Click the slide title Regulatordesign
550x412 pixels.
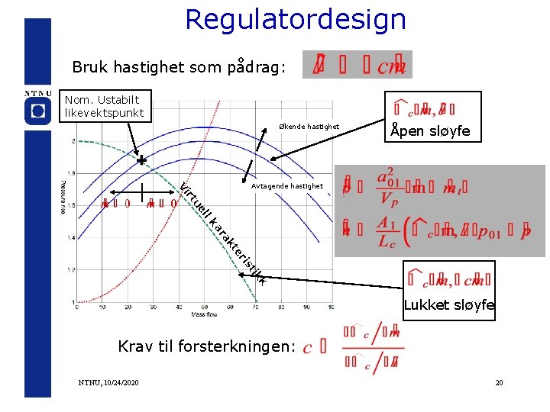(296, 20)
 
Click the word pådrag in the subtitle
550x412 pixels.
(255, 67)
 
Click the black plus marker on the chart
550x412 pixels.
(141, 161)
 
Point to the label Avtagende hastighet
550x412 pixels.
(287, 186)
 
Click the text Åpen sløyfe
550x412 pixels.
(429, 131)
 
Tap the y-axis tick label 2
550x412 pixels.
(73, 141)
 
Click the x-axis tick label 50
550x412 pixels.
(180, 307)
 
